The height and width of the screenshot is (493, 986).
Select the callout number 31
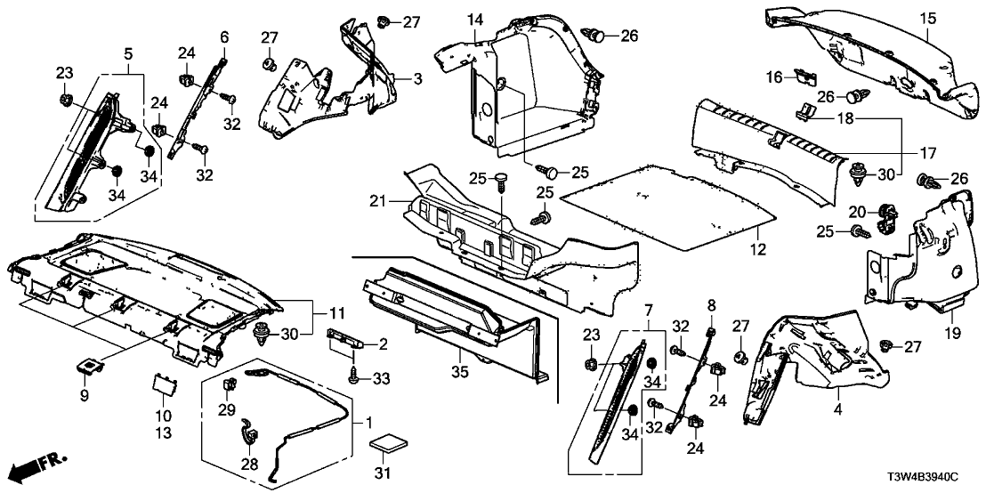[385, 472]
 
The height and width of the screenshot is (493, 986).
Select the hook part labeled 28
[247, 438]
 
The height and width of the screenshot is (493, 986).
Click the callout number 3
[416, 80]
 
